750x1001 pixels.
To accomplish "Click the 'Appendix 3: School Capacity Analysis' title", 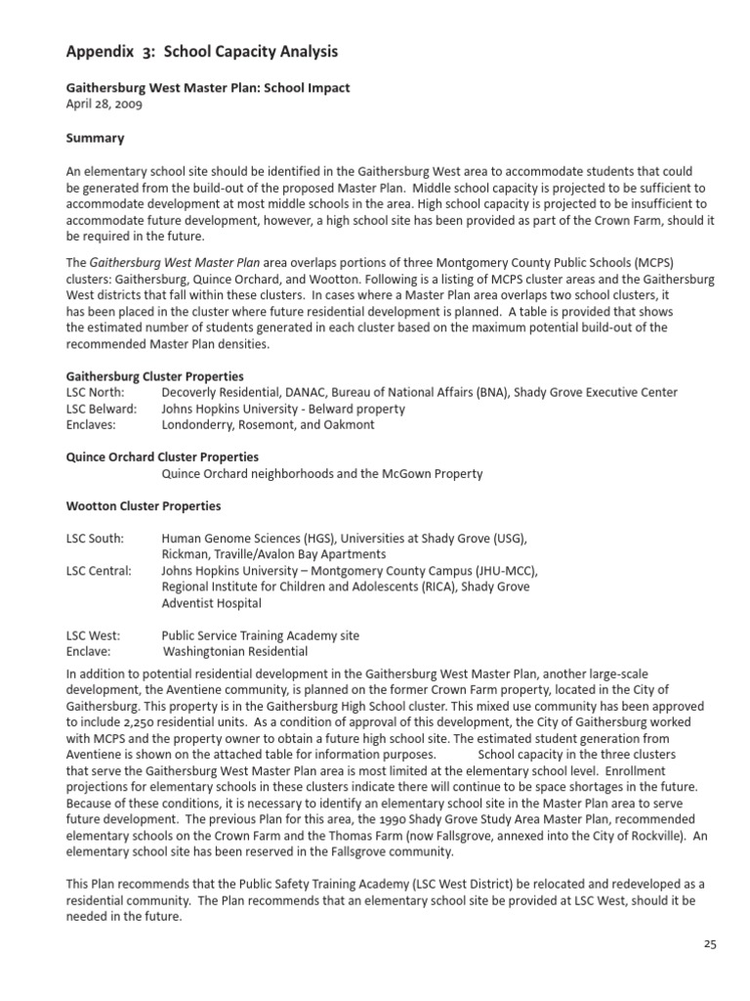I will click(x=202, y=51).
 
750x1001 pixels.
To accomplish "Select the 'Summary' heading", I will click(x=95, y=139).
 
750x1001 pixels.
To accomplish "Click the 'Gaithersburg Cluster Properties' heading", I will click(x=154, y=376).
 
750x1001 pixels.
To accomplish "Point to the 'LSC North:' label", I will click(x=96, y=393).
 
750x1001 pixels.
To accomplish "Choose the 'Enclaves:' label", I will click(x=91, y=425).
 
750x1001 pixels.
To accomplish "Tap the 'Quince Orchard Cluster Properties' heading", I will click(x=162, y=457).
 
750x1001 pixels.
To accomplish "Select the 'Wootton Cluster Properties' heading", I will click(x=143, y=506).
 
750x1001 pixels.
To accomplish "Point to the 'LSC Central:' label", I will click(x=99, y=571).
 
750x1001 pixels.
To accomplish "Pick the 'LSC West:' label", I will click(x=93, y=635).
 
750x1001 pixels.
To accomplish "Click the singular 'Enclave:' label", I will click(x=88, y=651).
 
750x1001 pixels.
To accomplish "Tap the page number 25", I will click(x=710, y=943).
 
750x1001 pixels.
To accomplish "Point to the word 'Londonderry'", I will click(x=202, y=425).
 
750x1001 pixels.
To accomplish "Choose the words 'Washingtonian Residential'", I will click(x=235, y=651).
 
